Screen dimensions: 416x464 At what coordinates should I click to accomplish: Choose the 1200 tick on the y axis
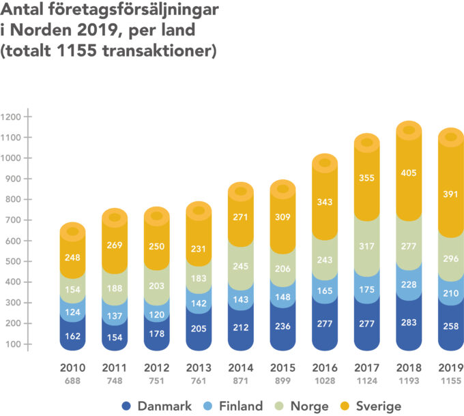pyautogui.click(x=12, y=117)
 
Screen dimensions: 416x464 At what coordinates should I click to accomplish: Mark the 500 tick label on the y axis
pyautogui.click(x=12, y=261)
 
